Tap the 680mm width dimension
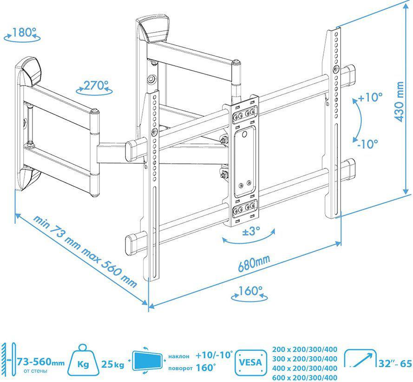click(254, 263)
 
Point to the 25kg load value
click(113, 364)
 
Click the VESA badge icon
click(250, 362)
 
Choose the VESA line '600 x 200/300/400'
click(305, 377)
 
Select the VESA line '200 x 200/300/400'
click(305, 349)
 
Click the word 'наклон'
click(179, 356)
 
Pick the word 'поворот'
click(180, 369)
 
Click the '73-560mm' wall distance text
click(40, 362)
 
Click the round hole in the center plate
click(244, 134)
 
